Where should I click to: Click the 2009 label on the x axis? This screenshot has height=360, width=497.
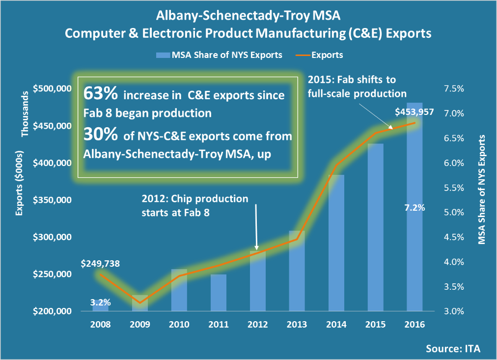pyautogui.click(x=140, y=325)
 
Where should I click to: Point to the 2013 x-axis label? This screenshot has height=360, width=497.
pyautogui.click(x=297, y=325)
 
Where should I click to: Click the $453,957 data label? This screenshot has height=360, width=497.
pyautogui.click(x=414, y=111)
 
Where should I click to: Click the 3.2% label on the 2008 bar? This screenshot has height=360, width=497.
pyautogui.click(x=101, y=303)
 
